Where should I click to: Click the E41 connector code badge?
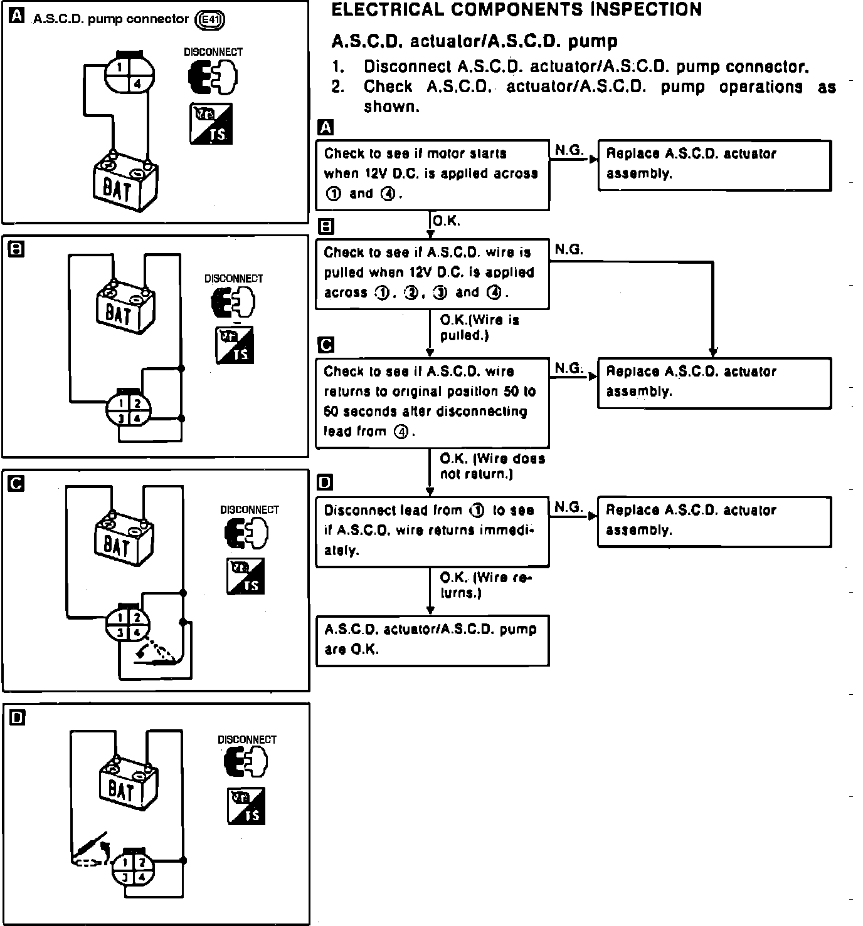pyautogui.click(x=210, y=20)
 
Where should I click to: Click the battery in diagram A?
pyautogui.click(x=125, y=184)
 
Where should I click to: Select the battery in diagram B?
pyautogui.click(x=125, y=310)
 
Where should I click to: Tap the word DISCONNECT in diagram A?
pyautogui.click(x=213, y=52)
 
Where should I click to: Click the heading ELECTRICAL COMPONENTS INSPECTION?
pyautogui.click(x=516, y=9)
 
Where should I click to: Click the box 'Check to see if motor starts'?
pyautogui.click(x=431, y=174)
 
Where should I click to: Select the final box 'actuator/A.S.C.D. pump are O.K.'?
pyautogui.click(x=431, y=640)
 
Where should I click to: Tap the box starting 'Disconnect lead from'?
pyautogui.click(x=431, y=531)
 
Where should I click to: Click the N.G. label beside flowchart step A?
pyautogui.click(x=569, y=150)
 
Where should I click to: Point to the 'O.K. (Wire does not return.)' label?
pyautogui.click(x=492, y=466)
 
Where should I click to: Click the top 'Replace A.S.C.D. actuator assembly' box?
pyautogui.click(x=714, y=164)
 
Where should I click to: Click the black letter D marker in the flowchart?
pyautogui.click(x=326, y=482)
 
